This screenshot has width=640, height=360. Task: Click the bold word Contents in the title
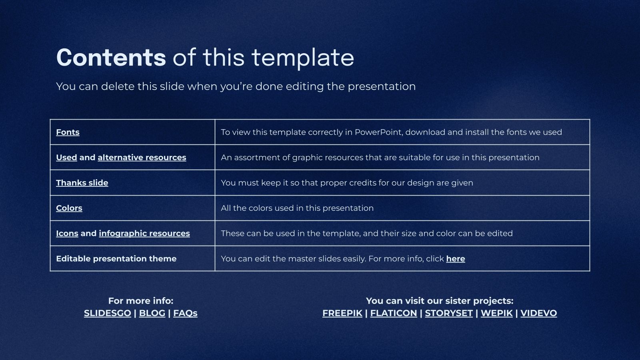pos(111,58)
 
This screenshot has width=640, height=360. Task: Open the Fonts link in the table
pos(68,132)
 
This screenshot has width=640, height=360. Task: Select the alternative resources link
pos(142,158)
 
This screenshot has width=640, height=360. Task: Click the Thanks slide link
pos(82,183)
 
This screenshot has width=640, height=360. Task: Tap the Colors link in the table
pos(69,208)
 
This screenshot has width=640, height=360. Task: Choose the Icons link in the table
pos(67,234)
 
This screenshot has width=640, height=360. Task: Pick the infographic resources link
pos(144,234)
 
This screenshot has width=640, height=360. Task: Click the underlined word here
pos(456,258)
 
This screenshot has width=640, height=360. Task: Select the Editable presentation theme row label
pos(116,258)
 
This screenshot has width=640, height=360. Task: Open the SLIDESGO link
pos(108,313)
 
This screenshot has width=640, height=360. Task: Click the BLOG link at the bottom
pos(152,313)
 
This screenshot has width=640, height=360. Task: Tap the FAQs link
pos(186,313)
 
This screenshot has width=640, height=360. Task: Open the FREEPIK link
pos(342,313)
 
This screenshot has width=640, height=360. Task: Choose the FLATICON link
pos(394,313)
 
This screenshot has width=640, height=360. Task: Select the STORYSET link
pos(449,313)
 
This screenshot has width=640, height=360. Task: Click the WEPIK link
pos(497,313)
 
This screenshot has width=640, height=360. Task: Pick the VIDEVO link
pos(539,313)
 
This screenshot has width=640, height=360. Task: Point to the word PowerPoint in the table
pos(378,132)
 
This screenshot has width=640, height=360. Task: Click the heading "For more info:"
pos(141,301)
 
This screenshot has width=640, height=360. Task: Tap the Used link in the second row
pos(66,158)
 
